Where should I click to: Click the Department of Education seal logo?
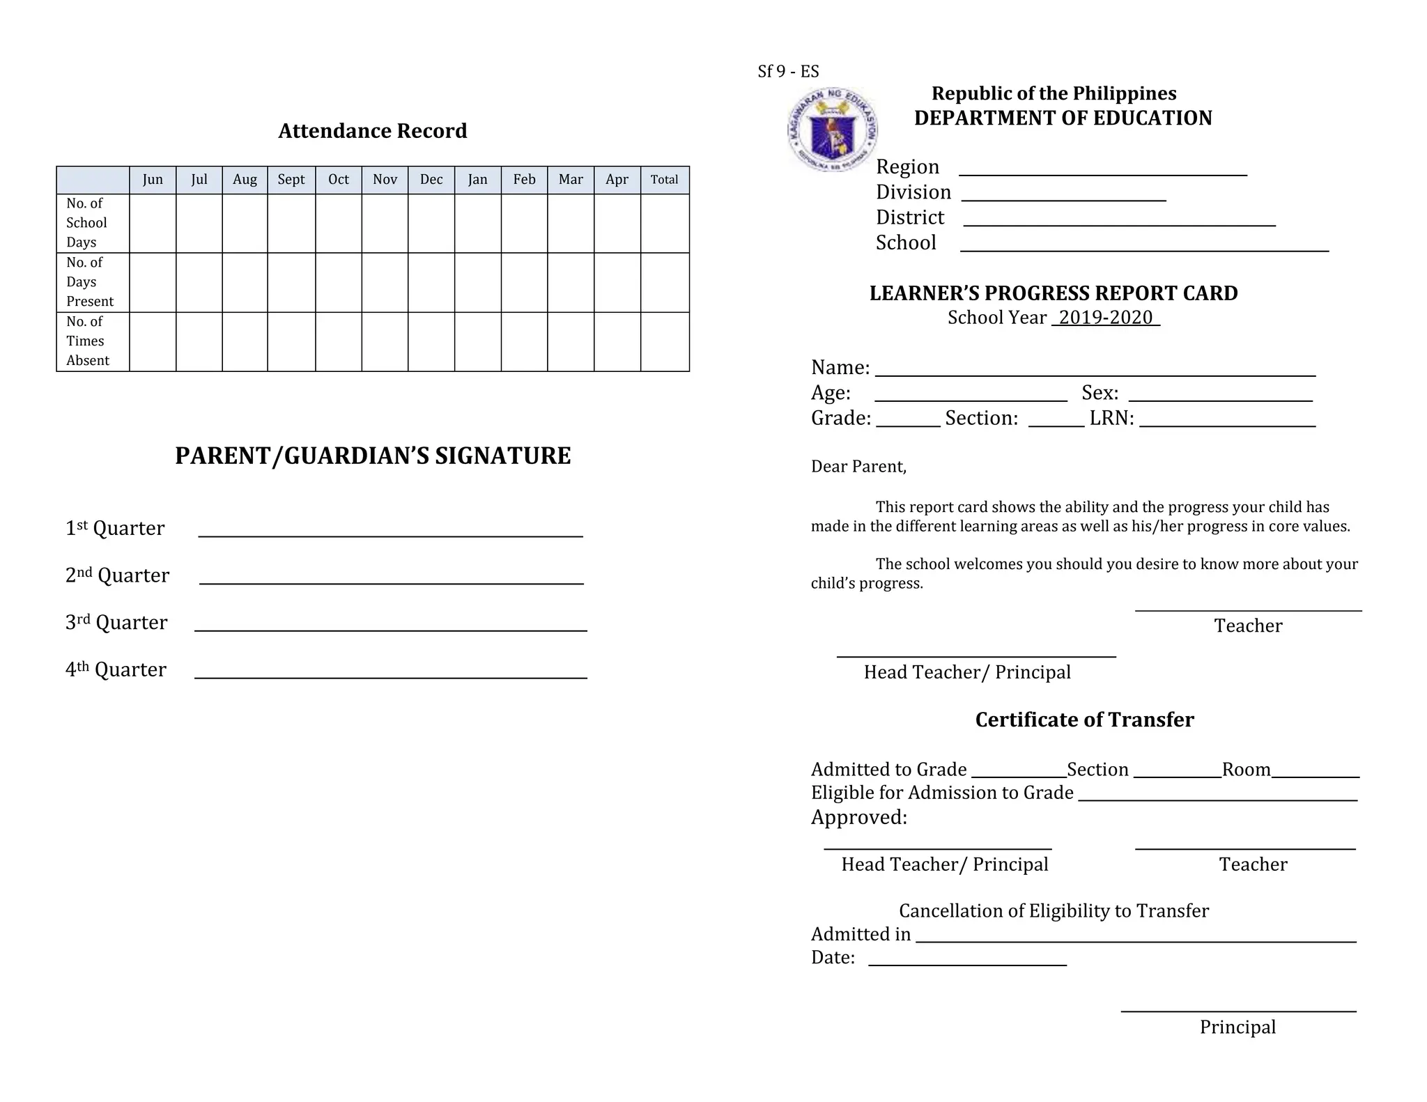coord(832,130)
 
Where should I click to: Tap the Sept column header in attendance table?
coord(291,180)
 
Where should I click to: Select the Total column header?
coord(664,180)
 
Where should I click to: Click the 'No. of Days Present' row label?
coord(90,282)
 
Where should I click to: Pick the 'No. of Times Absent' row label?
coord(88,341)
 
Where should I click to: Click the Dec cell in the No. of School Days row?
coord(431,224)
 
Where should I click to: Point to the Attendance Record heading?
coord(373,131)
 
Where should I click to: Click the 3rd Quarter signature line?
coord(390,629)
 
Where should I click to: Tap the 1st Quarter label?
coord(115,528)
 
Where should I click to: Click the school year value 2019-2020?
coord(1106,318)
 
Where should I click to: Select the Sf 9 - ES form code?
coord(788,72)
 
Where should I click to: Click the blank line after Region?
coord(1102,174)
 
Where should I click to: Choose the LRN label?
coord(1111,418)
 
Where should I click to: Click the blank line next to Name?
coord(1095,374)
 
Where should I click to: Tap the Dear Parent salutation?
coord(858,467)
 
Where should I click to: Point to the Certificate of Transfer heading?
coord(1084,720)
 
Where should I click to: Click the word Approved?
coord(858,817)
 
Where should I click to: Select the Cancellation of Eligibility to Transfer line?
coord(1054,911)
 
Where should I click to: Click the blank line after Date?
coord(967,963)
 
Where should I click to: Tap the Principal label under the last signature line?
coord(1237,1027)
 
